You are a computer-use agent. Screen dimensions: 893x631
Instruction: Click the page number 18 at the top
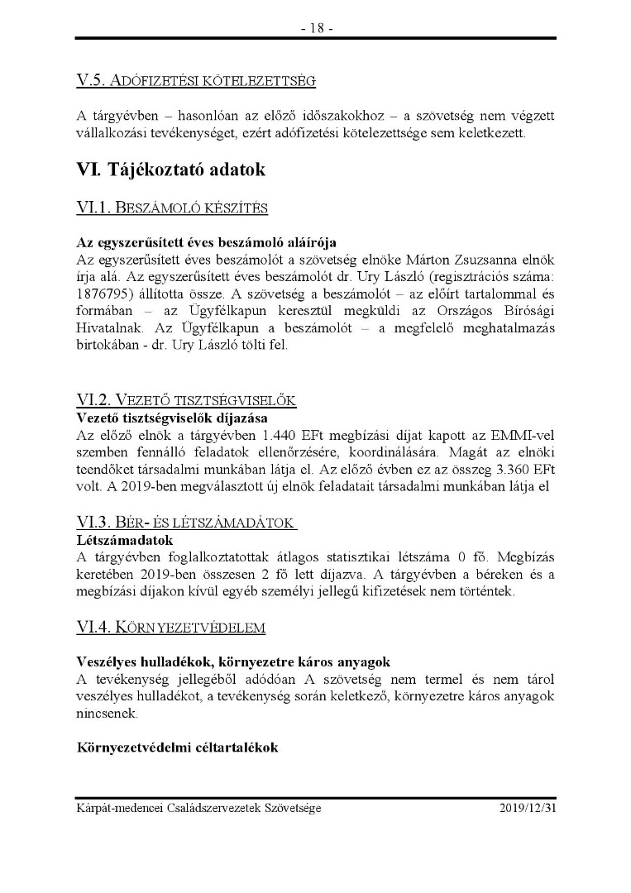coord(316,27)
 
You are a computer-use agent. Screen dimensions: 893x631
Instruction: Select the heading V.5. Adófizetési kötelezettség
coord(196,81)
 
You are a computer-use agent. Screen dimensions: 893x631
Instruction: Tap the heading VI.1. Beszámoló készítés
coord(171,207)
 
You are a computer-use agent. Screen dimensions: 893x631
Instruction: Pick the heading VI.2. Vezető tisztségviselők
coord(186,400)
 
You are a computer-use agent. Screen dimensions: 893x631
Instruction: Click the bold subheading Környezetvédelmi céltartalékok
coord(176,747)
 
